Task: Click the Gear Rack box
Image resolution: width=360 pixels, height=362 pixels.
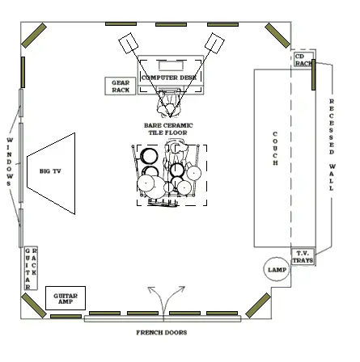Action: pyautogui.click(x=121, y=86)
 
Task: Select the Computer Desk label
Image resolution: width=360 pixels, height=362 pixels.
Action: pyautogui.click(x=169, y=78)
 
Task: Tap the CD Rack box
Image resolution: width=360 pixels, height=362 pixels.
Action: pyautogui.click(x=303, y=60)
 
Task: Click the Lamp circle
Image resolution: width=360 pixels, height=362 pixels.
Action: pyautogui.click(x=277, y=269)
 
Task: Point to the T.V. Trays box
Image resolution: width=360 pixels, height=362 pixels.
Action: pyautogui.click(x=303, y=257)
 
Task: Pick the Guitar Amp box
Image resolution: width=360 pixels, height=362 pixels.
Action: pyautogui.click(x=66, y=298)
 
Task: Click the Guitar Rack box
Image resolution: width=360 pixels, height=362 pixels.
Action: pyautogui.click(x=31, y=268)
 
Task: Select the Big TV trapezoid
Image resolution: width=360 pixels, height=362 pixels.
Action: pyautogui.click(x=51, y=174)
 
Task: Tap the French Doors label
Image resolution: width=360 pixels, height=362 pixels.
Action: pyautogui.click(x=162, y=333)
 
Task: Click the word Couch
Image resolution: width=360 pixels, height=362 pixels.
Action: pyautogui.click(x=275, y=149)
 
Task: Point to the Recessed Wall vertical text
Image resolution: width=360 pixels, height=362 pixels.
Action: pyautogui.click(x=332, y=145)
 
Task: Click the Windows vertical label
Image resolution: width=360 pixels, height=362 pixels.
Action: pyautogui.click(x=10, y=162)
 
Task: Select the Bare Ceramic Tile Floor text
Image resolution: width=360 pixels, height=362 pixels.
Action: pyautogui.click(x=168, y=129)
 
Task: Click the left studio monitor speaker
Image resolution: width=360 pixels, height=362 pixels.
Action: pyautogui.click(x=129, y=44)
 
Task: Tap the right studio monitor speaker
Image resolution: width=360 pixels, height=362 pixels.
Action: pyautogui.click(x=214, y=43)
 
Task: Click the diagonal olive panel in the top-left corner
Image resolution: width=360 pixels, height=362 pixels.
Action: pyautogui.click(x=34, y=36)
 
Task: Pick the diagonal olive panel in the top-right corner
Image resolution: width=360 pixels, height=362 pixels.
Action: pyautogui.click(x=277, y=36)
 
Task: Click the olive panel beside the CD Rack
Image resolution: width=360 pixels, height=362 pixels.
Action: pyautogui.click(x=313, y=75)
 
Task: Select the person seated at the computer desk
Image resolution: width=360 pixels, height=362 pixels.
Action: pyautogui.click(x=169, y=103)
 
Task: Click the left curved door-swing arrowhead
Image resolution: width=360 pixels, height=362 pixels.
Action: pyautogui.click(x=151, y=290)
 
